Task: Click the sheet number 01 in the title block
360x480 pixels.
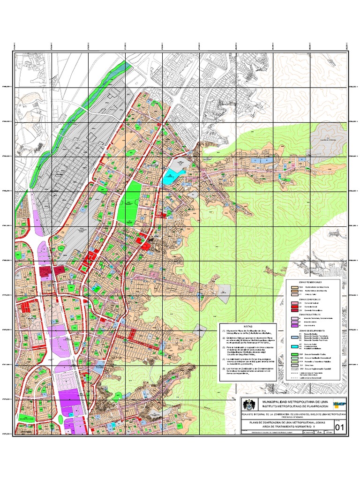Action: pyautogui.click(x=339, y=427)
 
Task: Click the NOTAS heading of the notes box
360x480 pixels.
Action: pyautogui.click(x=248, y=327)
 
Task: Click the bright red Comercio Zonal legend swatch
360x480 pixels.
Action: pyautogui.click(x=294, y=307)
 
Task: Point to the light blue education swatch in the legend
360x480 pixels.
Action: pyautogui.click(x=294, y=337)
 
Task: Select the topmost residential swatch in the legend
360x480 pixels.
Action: pyautogui.click(x=294, y=286)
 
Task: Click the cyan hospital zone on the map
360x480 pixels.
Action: pyautogui.click(x=169, y=179)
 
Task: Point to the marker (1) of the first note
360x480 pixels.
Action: pyautogui.click(x=223, y=331)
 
